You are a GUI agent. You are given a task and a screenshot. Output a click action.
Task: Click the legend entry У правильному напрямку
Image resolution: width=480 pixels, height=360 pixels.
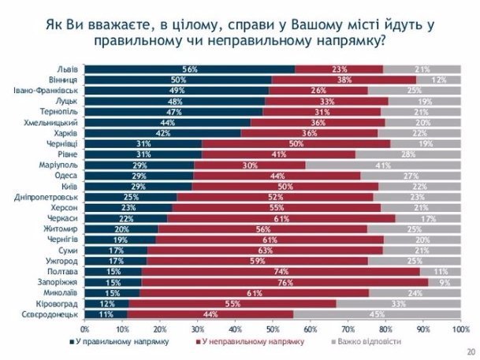click(115, 342)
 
